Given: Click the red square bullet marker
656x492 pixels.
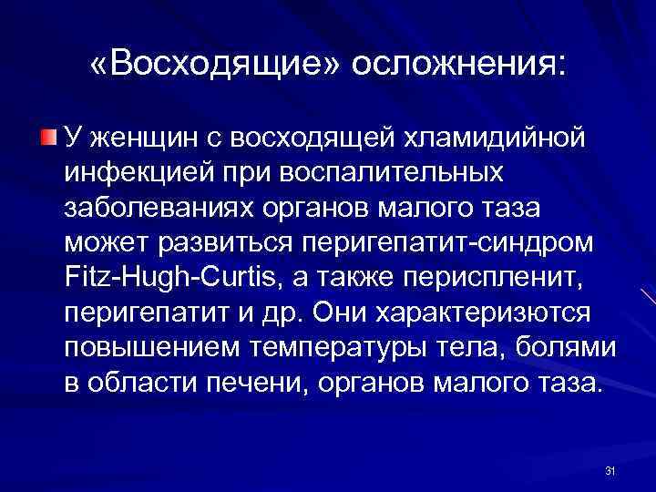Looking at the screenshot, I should pyautogui.click(x=47, y=138).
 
